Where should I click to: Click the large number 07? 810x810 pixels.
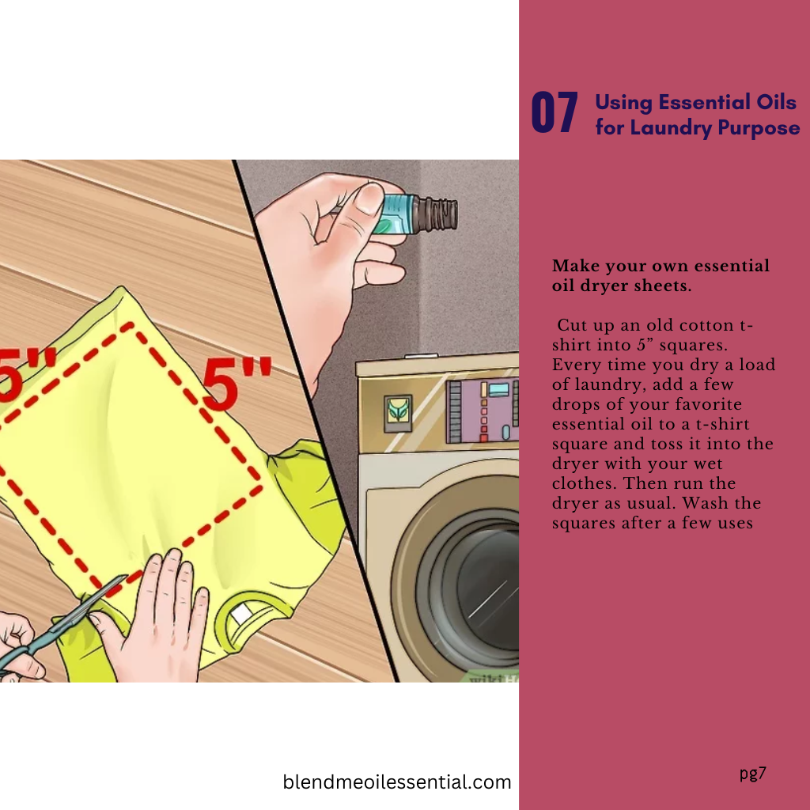[555, 112]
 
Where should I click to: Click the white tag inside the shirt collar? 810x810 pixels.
[240, 614]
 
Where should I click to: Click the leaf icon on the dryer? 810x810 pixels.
[398, 413]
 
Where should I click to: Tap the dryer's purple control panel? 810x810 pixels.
[482, 411]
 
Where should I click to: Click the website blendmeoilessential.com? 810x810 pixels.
[397, 782]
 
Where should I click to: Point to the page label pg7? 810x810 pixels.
[753, 774]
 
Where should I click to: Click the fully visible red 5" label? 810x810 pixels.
[237, 383]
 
